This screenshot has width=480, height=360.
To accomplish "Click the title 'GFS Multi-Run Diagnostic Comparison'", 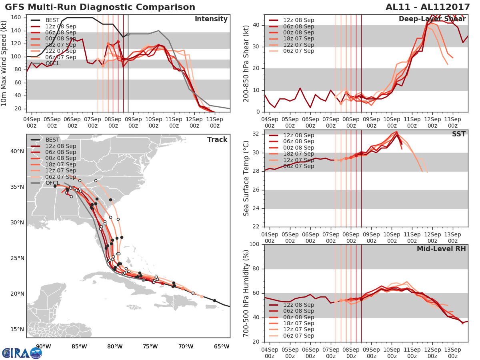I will coord(100,7).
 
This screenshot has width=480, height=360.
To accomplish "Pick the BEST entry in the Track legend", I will coord(52,140).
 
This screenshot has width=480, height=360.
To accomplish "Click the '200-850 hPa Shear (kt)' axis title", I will coord(246,63).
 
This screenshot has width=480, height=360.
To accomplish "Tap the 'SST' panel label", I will coord(459,134).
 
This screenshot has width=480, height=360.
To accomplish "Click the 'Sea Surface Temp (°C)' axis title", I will coord(246,178).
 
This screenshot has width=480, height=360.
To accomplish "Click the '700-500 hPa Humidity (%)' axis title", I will coord(246,293).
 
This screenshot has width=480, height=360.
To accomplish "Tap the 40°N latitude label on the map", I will coord(17,151).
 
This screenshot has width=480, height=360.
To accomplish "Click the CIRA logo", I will coord(22,353).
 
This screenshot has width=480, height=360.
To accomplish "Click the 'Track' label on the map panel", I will coord(217,140).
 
